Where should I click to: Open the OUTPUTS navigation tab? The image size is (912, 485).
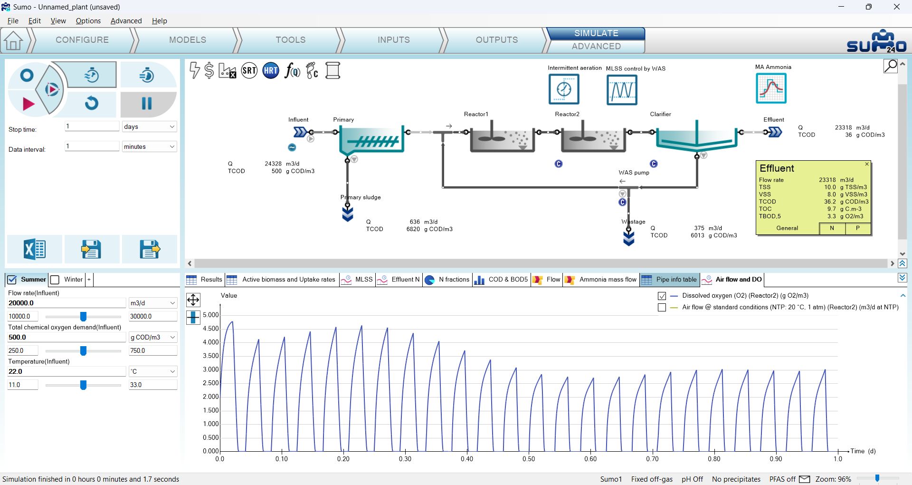(x=496, y=40)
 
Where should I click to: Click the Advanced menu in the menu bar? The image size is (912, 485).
(x=126, y=21)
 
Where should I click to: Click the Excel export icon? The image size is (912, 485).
(x=34, y=249)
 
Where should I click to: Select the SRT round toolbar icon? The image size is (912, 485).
(x=249, y=71)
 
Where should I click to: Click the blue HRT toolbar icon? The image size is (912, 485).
(x=271, y=71)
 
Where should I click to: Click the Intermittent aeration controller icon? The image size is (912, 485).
(x=564, y=89)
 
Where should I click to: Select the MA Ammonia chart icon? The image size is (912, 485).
(x=771, y=88)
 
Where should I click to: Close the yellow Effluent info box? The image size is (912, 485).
(x=867, y=164)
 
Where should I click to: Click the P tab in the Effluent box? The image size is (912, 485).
(x=858, y=228)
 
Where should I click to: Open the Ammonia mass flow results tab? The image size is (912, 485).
(x=601, y=280)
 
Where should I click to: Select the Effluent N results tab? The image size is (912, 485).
(x=399, y=280)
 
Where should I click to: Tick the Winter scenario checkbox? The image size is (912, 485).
(x=55, y=280)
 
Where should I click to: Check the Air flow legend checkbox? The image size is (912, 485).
(x=662, y=308)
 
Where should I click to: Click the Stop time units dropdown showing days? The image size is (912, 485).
(x=149, y=126)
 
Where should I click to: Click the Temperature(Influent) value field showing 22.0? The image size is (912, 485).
(x=66, y=371)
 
